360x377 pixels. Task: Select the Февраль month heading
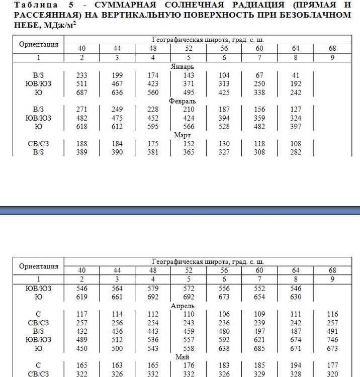pyautogui.click(x=184, y=101)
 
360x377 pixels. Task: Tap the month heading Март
pyautogui.click(x=182, y=135)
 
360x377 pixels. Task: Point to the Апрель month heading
pyautogui.click(x=184, y=306)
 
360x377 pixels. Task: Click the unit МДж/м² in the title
pyautogui.click(x=62, y=25)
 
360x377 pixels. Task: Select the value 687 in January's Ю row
pyautogui.click(x=82, y=92)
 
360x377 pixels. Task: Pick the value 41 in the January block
pyautogui.click(x=295, y=75)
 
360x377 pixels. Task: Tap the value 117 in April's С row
pyautogui.click(x=82, y=315)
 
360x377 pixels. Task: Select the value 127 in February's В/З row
pyautogui.click(x=295, y=110)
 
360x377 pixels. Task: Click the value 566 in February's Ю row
pyautogui.click(x=189, y=127)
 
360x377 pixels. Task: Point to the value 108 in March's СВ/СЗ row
pyautogui.click(x=295, y=144)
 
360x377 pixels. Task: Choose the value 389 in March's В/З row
pyautogui.click(x=82, y=152)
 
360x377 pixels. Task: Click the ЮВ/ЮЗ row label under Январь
pyautogui.click(x=38, y=84)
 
